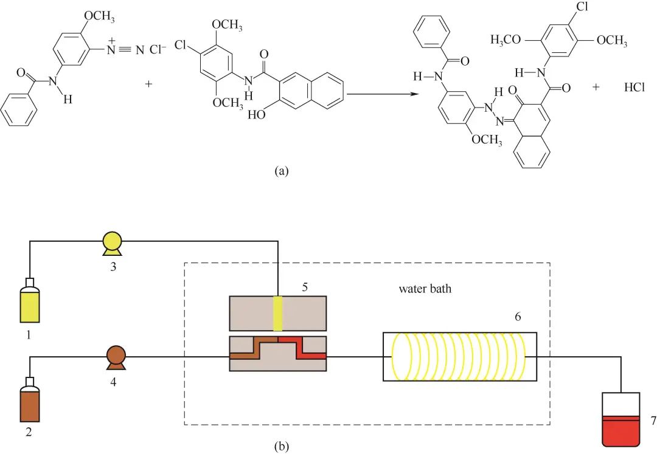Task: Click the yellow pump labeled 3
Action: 113,243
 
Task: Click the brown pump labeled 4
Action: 116,357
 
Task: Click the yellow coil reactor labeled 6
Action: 460,357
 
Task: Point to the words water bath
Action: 425,289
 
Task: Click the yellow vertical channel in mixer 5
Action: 278,314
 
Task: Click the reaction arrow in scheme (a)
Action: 383,94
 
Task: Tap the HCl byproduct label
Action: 634,87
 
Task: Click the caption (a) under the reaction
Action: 281,171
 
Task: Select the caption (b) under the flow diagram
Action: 281,447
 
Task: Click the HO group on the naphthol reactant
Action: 257,114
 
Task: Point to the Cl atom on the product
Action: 582,7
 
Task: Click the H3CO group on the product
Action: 506,40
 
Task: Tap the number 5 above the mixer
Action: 305,287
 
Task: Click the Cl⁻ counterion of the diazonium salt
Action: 158,50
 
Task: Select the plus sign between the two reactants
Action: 149,84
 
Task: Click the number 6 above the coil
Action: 518,317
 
